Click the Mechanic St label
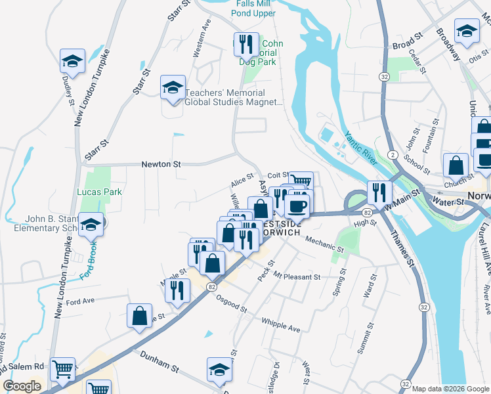click(324, 245)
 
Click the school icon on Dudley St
click(71, 62)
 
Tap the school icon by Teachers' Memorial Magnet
click(172, 88)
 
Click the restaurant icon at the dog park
click(245, 44)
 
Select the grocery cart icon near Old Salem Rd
click(63, 369)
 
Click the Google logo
click(22, 386)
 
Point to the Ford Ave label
click(81, 301)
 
